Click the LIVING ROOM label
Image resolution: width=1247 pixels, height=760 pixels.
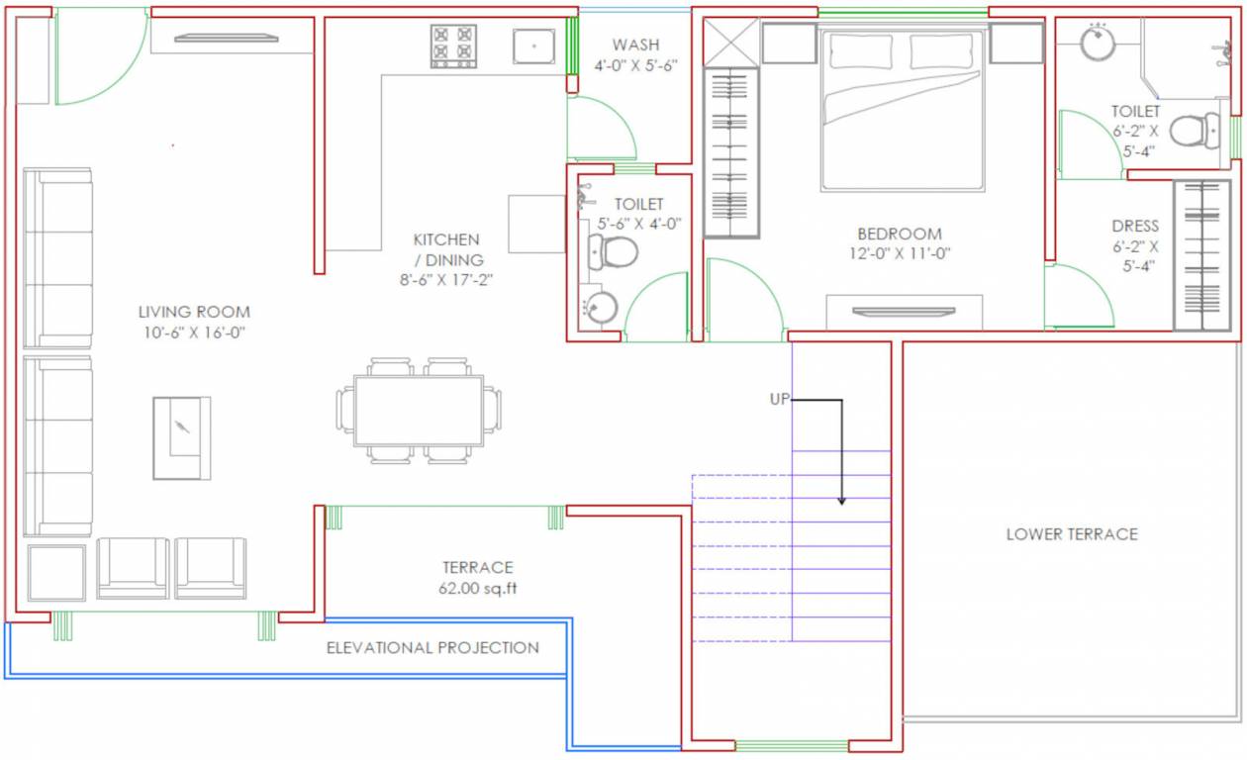[x=194, y=312]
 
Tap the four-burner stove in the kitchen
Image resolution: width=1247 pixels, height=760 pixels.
[x=453, y=46]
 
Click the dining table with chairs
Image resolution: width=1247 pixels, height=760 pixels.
[x=419, y=410]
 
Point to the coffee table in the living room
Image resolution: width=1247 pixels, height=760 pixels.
[x=181, y=437]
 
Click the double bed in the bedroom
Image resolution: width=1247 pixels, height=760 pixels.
[x=902, y=109]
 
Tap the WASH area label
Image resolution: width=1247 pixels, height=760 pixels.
[x=635, y=45]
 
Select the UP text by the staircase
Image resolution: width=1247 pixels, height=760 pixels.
[x=780, y=400]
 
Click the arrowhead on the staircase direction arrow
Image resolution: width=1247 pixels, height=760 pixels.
[x=841, y=500]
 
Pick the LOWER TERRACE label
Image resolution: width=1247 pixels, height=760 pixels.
[x=1072, y=534]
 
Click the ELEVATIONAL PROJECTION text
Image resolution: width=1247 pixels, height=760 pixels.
[x=432, y=648]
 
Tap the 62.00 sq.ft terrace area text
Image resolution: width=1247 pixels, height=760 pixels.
[x=477, y=588]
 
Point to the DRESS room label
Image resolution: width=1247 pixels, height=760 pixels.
[x=1134, y=227]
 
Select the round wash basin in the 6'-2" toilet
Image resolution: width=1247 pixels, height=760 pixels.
[x=1098, y=44]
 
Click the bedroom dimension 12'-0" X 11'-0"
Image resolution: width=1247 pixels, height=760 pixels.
[x=900, y=253]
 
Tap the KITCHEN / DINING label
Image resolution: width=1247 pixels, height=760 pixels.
[x=446, y=249]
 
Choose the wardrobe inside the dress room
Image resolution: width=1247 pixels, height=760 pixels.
[x=1201, y=255]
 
